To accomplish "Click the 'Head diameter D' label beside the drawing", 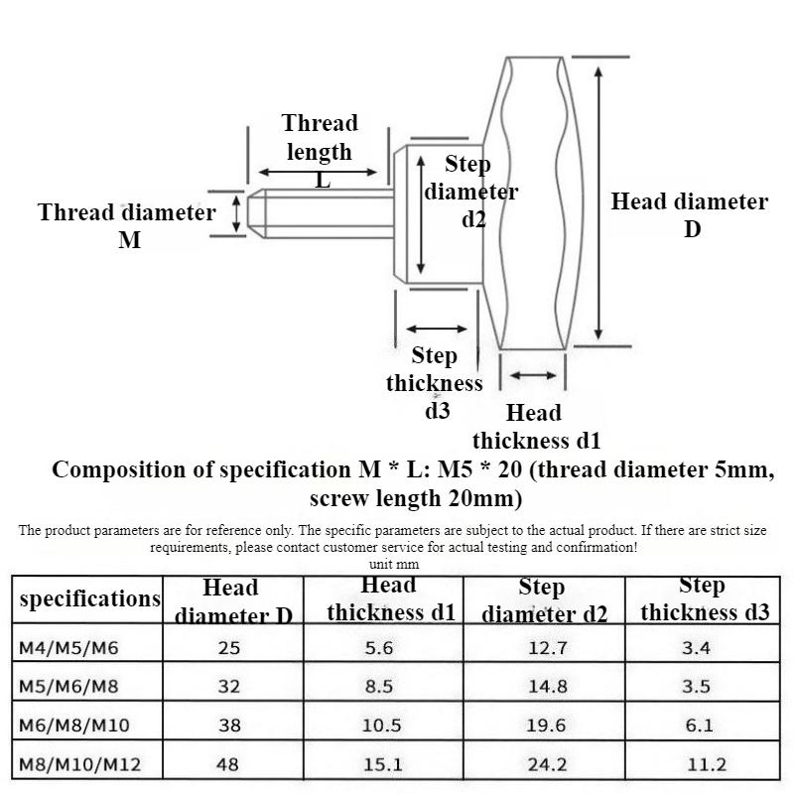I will [689, 215].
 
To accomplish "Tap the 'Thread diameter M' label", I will [127, 225].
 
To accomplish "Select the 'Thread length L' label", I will [320, 151].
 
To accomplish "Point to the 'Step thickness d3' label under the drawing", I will [435, 383].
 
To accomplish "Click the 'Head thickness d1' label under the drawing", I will [536, 427].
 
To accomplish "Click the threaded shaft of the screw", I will [318, 213].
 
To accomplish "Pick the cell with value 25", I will [229, 649].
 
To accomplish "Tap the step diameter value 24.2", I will [546, 764].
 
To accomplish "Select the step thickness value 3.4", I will [700, 649].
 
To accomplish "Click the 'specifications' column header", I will [89, 598].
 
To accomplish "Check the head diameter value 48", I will [229, 764].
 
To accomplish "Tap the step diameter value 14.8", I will [546, 687].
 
